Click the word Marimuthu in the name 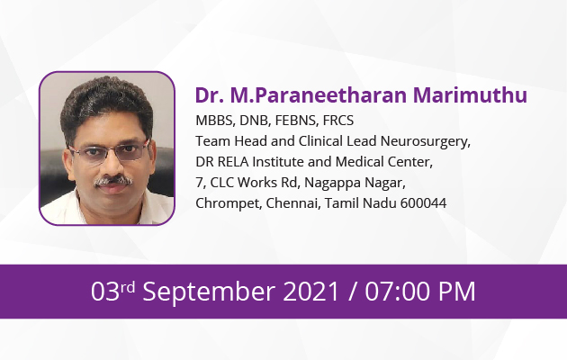[x=470, y=95]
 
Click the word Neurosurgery [x=425, y=141]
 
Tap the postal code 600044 [x=423, y=203]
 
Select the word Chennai [x=293, y=203]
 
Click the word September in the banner [x=209, y=292]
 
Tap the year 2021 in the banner [x=311, y=292]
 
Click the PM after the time [x=456, y=292]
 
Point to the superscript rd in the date [x=127, y=287]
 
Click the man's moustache [x=112, y=180]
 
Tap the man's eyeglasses [x=109, y=152]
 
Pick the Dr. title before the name [x=210, y=95]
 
